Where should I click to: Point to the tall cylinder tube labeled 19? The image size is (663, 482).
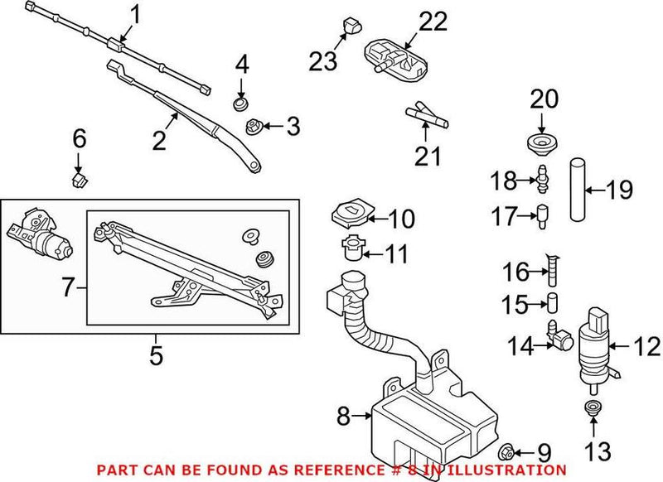(x=577, y=190)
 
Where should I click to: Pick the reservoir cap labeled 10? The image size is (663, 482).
(x=349, y=216)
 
